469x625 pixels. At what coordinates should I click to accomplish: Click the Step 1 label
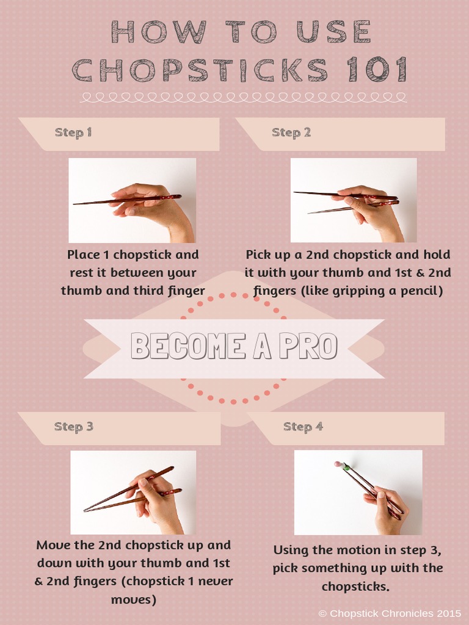[73, 132]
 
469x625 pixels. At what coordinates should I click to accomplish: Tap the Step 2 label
[291, 132]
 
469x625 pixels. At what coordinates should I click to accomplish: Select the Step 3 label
[73, 427]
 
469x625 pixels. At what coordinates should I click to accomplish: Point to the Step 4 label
[303, 427]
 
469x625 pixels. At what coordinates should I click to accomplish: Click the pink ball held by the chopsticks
[337, 464]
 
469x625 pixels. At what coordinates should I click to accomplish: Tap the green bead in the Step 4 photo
[346, 468]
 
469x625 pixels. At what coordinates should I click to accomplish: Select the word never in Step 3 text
[209, 582]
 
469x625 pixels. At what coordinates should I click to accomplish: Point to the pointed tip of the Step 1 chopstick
[75, 204]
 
